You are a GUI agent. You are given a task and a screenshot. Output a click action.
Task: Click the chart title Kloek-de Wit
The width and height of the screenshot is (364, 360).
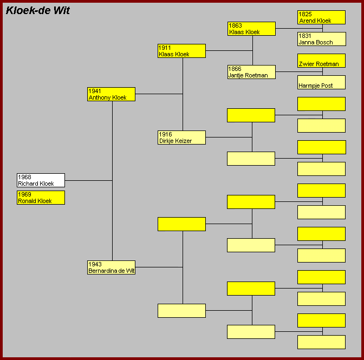[x=37, y=10]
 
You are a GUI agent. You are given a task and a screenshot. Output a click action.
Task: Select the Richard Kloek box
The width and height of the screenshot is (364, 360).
[x=41, y=180]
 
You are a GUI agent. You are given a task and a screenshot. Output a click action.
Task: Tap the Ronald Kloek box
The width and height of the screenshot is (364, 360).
[x=41, y=198]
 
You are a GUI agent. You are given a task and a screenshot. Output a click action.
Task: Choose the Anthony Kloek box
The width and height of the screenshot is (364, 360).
[x=111, y=94]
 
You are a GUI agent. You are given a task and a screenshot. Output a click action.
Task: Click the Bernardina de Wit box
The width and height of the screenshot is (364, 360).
[x=111, y=267]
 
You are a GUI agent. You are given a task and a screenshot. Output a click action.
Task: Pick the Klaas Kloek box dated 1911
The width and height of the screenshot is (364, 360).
[x=181, y=51]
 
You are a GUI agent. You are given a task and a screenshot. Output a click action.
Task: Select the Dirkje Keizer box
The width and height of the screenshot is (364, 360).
[x=181, y=138]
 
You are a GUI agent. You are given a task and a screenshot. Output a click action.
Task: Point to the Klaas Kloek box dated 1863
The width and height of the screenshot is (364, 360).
[x=252, y=29]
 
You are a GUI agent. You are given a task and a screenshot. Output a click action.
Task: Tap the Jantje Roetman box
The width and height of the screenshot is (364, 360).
[x=252, y=72]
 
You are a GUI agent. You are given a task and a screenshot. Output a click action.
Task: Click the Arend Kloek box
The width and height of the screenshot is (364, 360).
[x=322, y=17]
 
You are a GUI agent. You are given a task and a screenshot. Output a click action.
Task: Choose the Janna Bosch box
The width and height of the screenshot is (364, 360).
[x=322, y=39]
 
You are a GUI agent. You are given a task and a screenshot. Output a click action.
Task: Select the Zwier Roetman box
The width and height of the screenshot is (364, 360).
[x=322, y=61]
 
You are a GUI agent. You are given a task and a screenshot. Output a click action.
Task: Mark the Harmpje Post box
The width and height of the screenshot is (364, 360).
[x=322, y=82]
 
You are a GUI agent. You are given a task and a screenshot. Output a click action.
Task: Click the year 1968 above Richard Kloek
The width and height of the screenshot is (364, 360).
[x=24, y=177]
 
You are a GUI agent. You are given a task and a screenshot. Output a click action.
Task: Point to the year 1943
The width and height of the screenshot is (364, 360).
[x=95, y=264]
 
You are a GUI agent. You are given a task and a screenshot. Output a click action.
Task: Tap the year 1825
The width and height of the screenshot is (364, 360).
[x=305, y=14]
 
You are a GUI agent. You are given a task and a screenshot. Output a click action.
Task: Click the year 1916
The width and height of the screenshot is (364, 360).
[x=165, y=134]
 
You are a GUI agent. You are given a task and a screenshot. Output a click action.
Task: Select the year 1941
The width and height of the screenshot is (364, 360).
[x=95, y=91]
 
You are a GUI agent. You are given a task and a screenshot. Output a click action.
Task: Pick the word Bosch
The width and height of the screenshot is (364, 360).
[x=324, y=42]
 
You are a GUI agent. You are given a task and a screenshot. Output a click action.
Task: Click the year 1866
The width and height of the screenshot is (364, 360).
[x=235, y=69]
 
